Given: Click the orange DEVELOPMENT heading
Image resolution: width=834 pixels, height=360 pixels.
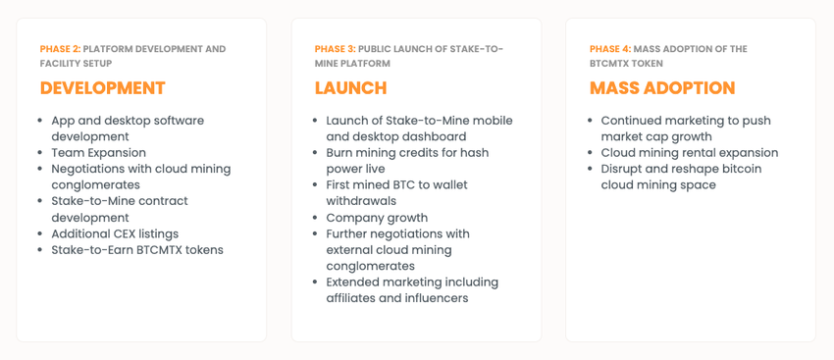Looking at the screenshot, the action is point(103,87).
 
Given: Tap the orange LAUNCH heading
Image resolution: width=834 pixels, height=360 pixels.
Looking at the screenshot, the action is point(350,87).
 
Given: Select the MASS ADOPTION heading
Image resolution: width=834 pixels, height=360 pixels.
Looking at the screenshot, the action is point(662,87).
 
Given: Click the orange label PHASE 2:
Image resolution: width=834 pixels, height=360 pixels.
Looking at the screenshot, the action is point(60,49).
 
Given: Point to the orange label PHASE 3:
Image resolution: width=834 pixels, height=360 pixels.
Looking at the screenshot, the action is point(336,49).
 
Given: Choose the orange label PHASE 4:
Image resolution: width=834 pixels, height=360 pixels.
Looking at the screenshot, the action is point(610,49).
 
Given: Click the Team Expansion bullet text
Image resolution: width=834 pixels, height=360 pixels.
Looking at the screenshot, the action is point(98,153).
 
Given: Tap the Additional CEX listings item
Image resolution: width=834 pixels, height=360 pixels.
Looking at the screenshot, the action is point(115,234).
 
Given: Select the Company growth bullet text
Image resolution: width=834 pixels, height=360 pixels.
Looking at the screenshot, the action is point(377,218).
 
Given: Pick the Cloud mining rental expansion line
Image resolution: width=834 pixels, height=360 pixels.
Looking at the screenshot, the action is point(690,153).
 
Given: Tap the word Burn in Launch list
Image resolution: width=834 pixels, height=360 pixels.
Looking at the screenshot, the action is point(339,153).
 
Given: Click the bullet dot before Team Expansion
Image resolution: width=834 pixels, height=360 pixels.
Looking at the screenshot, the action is point(40,154).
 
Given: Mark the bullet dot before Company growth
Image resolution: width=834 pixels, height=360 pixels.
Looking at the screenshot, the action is point(315,219).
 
